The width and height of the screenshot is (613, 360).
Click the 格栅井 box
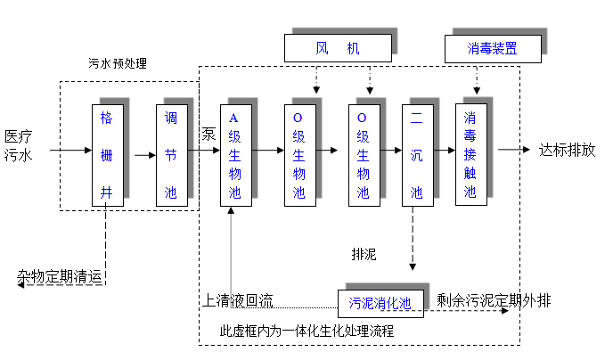click(107, 155)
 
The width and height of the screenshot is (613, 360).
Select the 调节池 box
click(171, 155)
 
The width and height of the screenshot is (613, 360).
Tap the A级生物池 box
click(235, 155)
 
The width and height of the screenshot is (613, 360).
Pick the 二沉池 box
click(416, 155)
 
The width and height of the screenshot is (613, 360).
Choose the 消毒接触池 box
click(470, 155)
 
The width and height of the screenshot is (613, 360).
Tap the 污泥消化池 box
click(380, 303)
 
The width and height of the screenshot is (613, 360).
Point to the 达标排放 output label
click(567, 149)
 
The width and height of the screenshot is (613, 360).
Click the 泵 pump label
click(208, 135)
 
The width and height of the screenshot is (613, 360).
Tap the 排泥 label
click(364, 254)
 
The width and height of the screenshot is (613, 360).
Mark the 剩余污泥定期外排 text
click(493, 300)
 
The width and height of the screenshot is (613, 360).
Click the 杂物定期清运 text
click(60, 276)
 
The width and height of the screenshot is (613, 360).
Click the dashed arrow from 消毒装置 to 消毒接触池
click(477, 82)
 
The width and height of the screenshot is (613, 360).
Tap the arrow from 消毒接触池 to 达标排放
click(513, 150)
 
